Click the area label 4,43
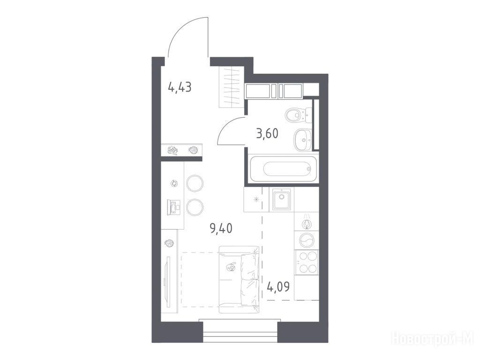[x=180, y=88]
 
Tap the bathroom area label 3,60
[x=267, y=134]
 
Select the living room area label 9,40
[x=221, y=228]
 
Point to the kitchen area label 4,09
[x=278, y=287]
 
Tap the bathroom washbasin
[x=303, y=140]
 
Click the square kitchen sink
[x=281, y=200]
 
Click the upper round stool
[x=195, y=183]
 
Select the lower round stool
[x=195, y=207]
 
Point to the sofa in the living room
[x=239, y=279]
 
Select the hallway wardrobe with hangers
[x=232, y=87]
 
